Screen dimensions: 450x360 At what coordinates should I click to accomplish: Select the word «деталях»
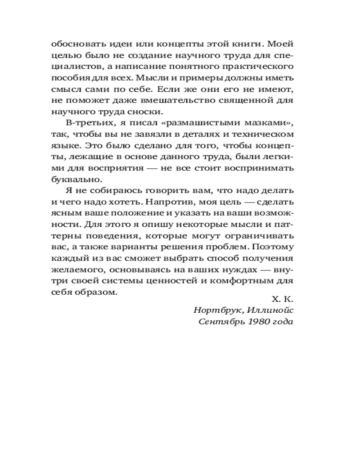click(x=205, y=134)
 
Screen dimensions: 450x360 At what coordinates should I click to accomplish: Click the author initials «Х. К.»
click(x=283, y=299)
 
